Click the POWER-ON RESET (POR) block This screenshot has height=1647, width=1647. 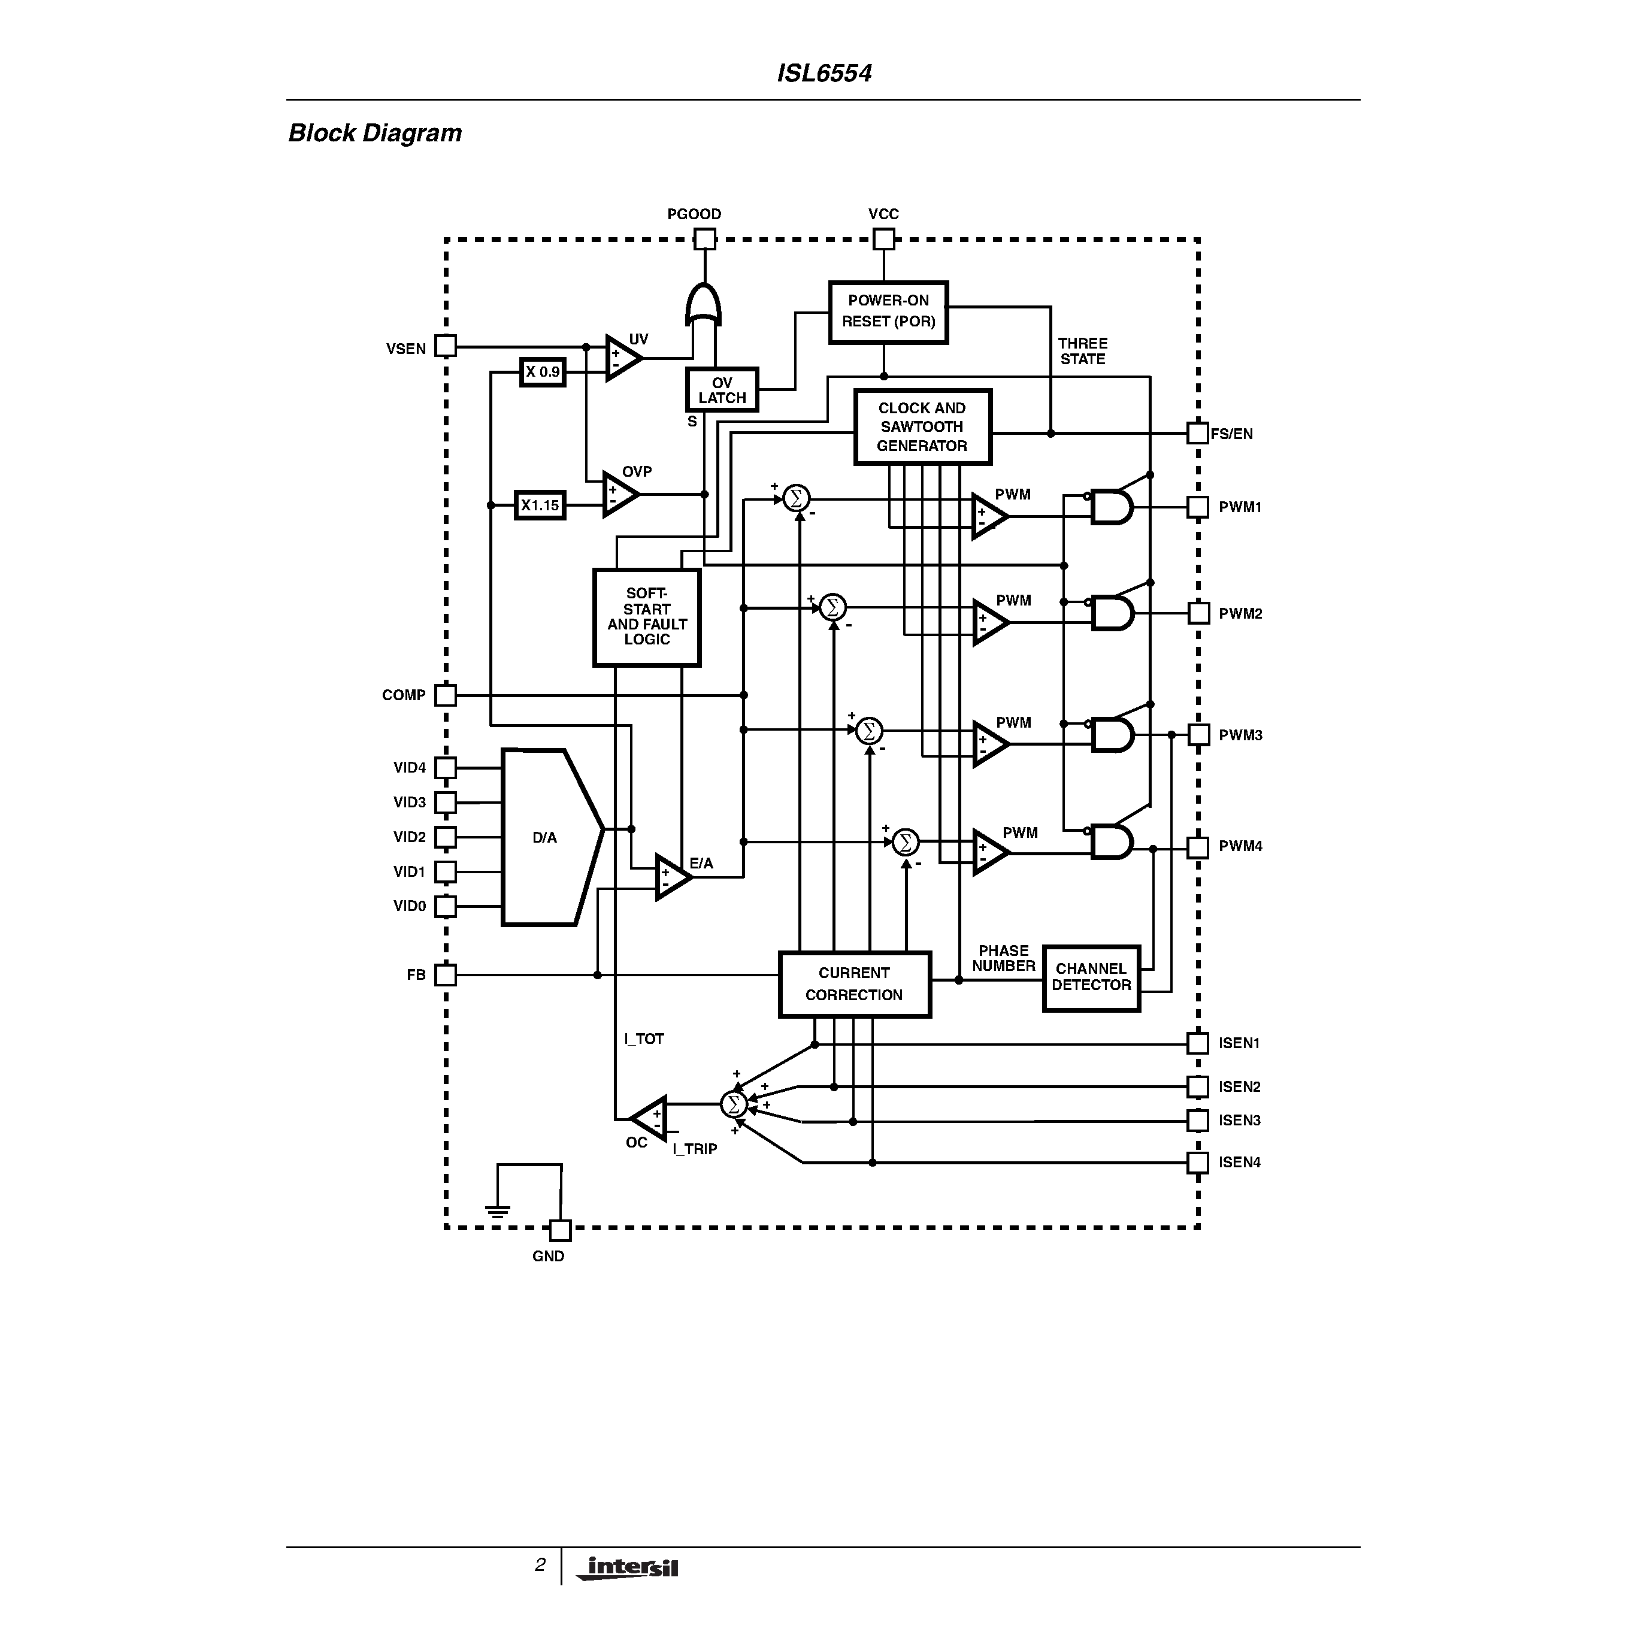[x=888, y=312]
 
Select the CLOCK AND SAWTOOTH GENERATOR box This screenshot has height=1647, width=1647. [x=922, y=427]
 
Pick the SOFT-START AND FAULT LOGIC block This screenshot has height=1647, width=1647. [x=646, y=617]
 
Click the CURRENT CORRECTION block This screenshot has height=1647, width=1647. [x=854, y=984]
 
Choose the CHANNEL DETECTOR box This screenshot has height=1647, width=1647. [x=1091, y=978]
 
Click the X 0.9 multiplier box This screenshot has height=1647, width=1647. [x=542, y=373]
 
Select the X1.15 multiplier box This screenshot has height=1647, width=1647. [x=540, y=505]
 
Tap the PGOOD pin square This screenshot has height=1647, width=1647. [x=704, y=240]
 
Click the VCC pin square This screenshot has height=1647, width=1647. [x=884, y=240]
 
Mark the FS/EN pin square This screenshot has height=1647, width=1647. [x=1198, y=433]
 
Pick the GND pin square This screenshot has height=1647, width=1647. [x=560, y=1230]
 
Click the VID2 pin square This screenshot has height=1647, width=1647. [x=445, y=837]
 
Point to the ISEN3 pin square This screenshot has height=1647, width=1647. [x=1198, y=1120]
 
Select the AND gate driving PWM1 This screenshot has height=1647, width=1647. [x=1112, y=507]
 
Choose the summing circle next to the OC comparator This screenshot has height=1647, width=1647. [x=733, y=1105]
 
